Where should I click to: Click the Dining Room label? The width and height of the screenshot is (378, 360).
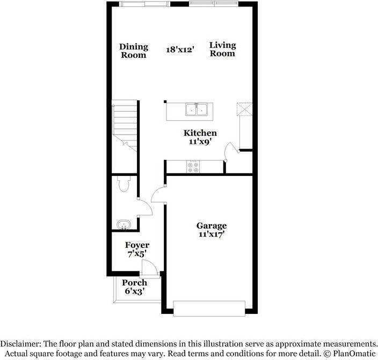pos(133,50)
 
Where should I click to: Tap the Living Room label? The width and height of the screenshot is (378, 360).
pos(222,49)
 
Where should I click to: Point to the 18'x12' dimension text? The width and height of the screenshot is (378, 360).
pos(179,50)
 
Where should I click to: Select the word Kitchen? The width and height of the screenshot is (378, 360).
pos(200,133)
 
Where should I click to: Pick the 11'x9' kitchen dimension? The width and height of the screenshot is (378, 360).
pos(200,142)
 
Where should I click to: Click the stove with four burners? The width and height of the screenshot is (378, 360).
pos(193,167)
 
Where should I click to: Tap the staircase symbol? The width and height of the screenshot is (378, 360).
pos(124,124)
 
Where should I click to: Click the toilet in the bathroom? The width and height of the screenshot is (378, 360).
pos(124,184)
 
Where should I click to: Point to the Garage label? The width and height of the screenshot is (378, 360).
pos(211,226)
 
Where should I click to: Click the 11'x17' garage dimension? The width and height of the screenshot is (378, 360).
pos(211,234)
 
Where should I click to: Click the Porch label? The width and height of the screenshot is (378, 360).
pos(134,283)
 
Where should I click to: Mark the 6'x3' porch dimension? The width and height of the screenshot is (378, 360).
pos(134,291)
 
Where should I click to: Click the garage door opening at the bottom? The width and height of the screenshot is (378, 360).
pos(209,308)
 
